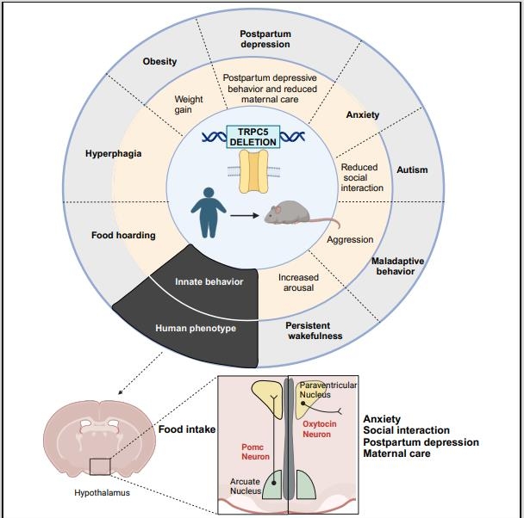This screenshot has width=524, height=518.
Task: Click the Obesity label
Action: (x=159, y=61)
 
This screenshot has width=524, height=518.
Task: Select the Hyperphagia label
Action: (x=112, y=154)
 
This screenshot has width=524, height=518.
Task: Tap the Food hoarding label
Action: (x=123, y=234)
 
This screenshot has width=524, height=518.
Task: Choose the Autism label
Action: (x=411, y=170)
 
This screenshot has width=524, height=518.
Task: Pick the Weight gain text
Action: (x=189, y=104)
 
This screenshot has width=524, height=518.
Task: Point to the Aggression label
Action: (x=350, y=239)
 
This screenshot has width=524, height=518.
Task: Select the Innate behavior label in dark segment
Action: (x=209, y=281)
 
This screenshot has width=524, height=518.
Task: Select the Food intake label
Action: (x=186, y=429)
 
